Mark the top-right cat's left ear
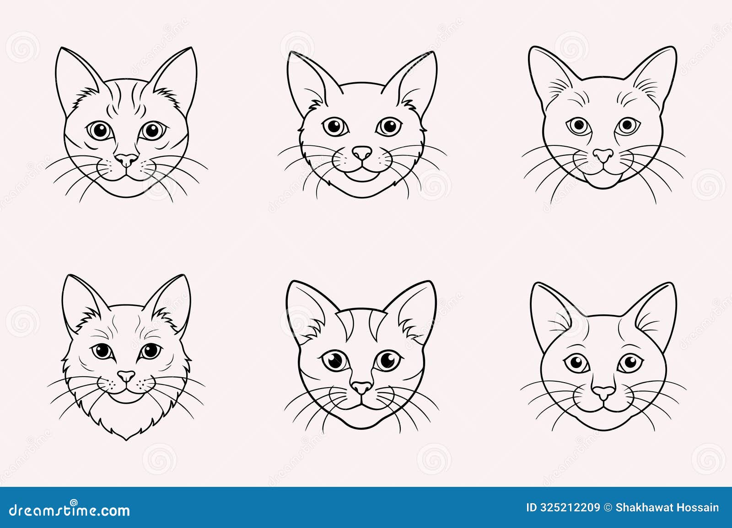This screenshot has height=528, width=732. click(x=547, y=73)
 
